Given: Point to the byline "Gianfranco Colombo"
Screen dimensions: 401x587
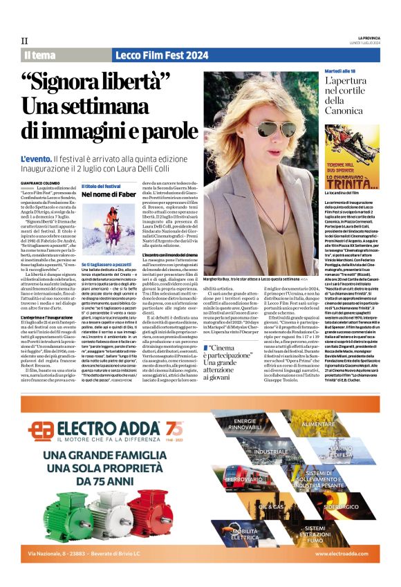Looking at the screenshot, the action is [40, 183].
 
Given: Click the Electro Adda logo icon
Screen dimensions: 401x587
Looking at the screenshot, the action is [44, 429].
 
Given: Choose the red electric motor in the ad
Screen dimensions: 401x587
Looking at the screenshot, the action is [150, 514].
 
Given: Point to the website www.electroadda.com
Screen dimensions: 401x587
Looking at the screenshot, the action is [342, 554].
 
